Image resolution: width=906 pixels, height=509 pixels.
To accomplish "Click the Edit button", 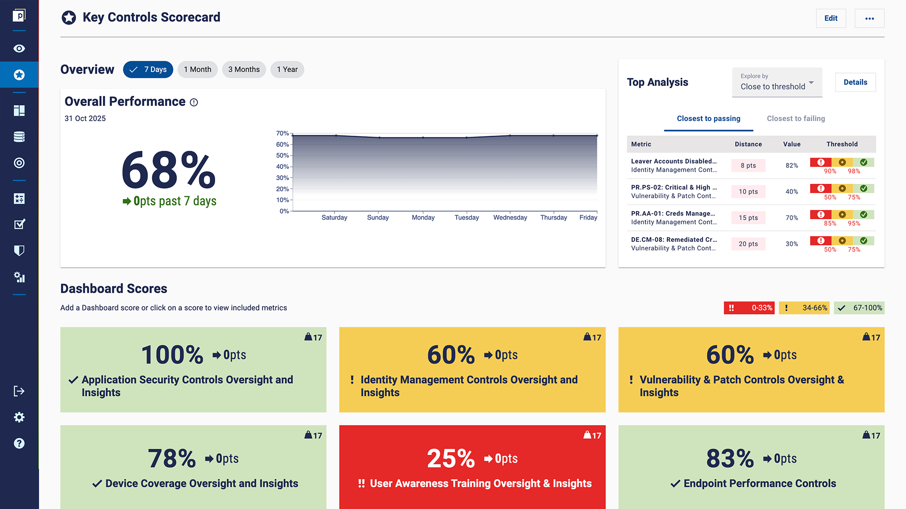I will pos(830,18).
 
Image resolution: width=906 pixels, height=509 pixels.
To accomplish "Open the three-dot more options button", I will pos(869,18).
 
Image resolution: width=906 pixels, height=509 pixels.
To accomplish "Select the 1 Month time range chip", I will pos(197,69).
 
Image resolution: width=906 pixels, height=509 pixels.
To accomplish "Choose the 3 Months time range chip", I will pos(243,69).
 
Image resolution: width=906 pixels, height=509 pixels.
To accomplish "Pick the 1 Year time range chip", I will pos(287,69).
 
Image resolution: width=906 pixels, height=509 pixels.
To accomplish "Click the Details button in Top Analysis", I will pos(855,82).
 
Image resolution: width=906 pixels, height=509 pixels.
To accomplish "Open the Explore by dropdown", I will pos(777,82).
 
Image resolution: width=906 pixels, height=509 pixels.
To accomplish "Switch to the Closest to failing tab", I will pos(796,118).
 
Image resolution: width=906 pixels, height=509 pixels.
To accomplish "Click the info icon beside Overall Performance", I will pos(194,102).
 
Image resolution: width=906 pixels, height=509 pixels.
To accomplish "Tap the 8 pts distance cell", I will pos(748,165).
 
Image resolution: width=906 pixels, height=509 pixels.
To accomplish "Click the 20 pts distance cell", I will pos(748,244).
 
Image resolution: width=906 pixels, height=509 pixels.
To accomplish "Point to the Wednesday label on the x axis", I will pos(510,217).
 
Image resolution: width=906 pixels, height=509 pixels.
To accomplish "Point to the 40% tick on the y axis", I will pos(283,166).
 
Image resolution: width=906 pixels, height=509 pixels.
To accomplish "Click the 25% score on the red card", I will pos(451,458).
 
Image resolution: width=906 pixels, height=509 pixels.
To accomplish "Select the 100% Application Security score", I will pos(172,355).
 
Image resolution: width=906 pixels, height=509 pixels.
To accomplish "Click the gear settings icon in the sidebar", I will pos(19,417).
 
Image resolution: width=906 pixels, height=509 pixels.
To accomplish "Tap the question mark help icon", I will pos(19,443).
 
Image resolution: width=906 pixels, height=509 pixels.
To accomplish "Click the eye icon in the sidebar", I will pos(19,49).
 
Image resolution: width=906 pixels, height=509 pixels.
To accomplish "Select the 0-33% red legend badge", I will pos(749,308).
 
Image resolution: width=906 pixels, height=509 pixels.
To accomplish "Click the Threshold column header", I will pos(842,144).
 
